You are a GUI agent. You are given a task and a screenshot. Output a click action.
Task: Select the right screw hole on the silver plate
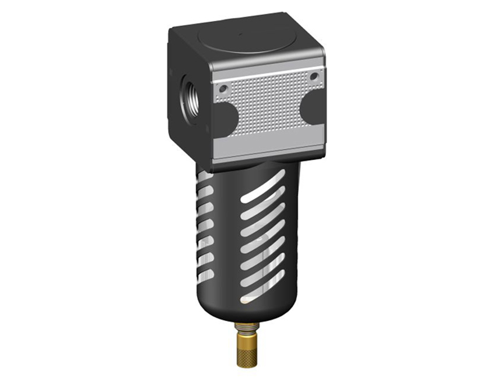(x=314, y=76)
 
